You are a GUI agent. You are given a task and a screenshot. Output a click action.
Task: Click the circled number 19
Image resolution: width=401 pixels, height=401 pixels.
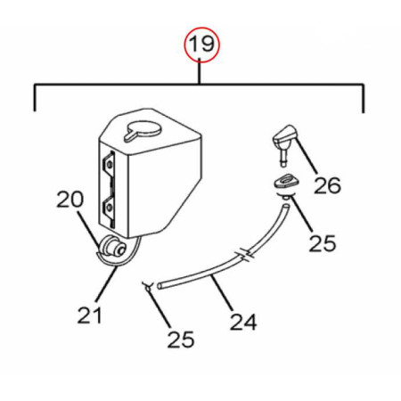[201, 45]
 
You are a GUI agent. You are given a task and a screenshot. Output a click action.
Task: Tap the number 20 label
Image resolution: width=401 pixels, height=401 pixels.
[70, 200]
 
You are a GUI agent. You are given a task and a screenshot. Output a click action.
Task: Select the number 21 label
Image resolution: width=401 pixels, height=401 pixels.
[89, 315]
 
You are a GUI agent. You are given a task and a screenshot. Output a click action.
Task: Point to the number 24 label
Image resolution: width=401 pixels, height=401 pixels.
[243, 322]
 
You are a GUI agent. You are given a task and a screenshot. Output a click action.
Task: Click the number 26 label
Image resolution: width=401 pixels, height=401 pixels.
[328, 185]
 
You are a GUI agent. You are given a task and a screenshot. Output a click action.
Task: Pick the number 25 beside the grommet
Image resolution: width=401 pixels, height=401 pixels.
[323, 243]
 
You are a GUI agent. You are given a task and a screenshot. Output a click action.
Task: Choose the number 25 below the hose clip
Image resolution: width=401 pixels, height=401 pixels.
[181, 340]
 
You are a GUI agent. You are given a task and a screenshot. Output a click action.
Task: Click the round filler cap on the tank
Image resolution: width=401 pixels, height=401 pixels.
[143, 131]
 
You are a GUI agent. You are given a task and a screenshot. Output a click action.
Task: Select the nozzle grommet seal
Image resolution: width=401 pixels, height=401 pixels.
[286, 183]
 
